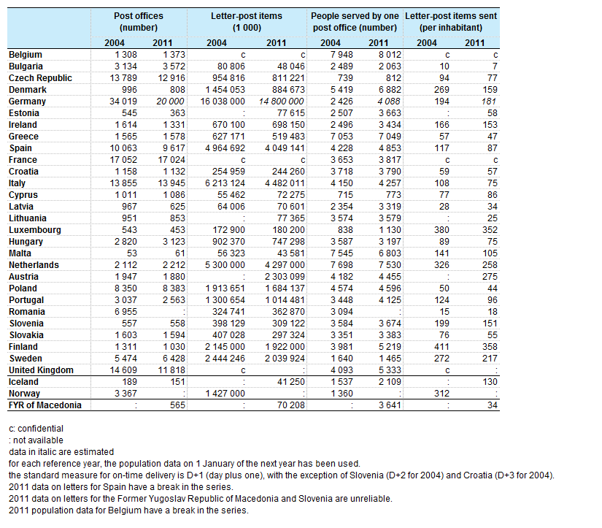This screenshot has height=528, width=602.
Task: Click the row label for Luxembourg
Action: [x=35, y=230]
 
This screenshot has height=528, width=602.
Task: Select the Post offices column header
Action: [x=138, y=21]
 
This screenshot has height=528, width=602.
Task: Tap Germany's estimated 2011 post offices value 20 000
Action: [x=170, y=102]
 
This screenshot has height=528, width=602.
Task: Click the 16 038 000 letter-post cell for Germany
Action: [x=223, y=102]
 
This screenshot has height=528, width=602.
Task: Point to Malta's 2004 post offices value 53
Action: [x=131, y=253]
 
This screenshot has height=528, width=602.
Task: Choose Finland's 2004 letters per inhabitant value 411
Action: [x=441, y=347]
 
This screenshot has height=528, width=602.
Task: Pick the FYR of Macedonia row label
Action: [x=45, y=405]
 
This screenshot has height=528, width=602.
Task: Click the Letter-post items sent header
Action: [x=451, y=21]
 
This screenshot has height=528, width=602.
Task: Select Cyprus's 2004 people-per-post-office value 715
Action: [x=345, y=195]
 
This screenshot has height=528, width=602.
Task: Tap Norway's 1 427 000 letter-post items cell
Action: [x=225, y=394]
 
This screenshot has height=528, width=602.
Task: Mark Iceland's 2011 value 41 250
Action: [x=290, y=382]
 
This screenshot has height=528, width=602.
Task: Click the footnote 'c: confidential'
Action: [x=36, y=429]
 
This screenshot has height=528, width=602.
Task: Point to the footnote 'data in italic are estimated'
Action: [x=61, y=452]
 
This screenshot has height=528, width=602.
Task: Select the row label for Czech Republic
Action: [x=40, y=78]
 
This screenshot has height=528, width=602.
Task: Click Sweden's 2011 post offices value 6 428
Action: [x=174, y=359]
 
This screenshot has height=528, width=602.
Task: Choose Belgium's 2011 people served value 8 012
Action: [x=390, y=55]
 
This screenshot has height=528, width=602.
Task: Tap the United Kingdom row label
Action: [x=41, y=370]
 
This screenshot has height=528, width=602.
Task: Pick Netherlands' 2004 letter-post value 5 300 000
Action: [x=225, y=265]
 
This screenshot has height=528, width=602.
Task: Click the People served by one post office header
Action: [x=355, y=21]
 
